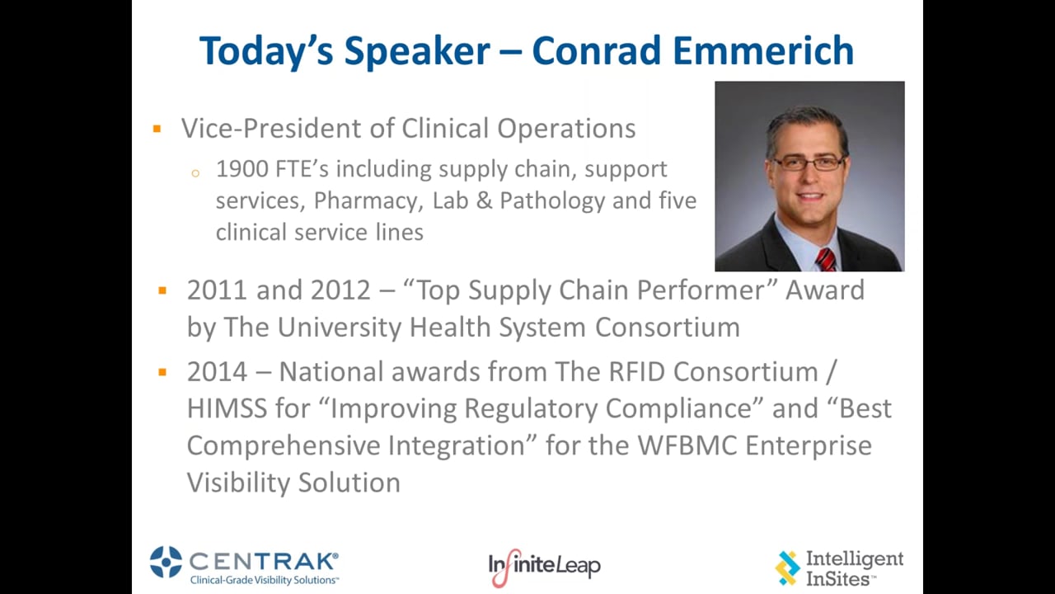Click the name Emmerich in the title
763,50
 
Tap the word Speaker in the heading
417,52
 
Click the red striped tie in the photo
826,260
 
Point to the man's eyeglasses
809,163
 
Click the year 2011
217,290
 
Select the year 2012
340,290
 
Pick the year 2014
217,372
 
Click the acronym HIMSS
227,408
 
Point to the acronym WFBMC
687,445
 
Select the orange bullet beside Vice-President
157,128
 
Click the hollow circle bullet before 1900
195,173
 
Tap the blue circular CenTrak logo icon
166,562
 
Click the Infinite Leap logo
544,567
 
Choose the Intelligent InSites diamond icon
787,568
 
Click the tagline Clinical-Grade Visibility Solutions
265,580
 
